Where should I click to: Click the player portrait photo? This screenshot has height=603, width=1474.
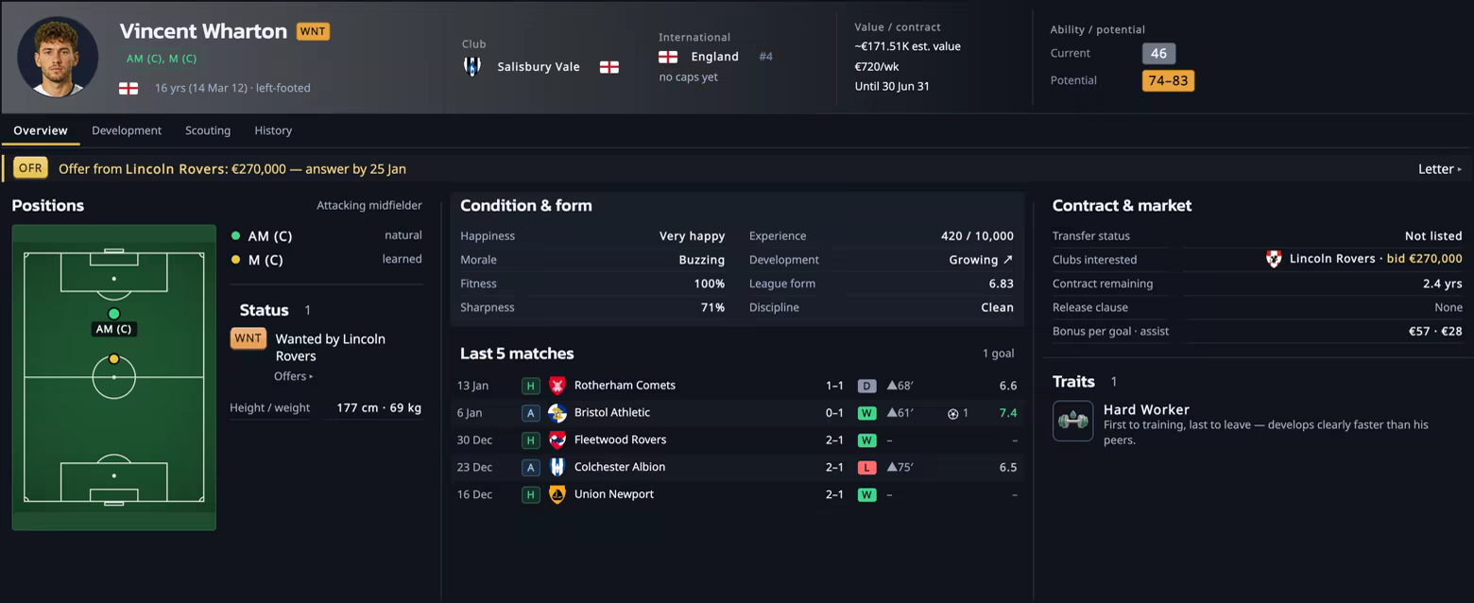[x=58, y=57]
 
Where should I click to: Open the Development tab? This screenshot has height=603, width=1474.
[x=127, y=130]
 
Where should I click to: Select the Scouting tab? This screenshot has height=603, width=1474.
[x=208, y=130]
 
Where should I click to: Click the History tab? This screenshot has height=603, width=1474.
[x=273, y=130]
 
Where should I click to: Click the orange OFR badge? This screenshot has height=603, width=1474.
[x=30, y=168]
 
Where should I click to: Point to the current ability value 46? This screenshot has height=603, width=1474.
[x=1158, y=53]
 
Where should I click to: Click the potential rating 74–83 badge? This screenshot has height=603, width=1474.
[x=1168, y=80]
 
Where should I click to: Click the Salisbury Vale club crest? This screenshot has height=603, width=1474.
[x=472, y=66]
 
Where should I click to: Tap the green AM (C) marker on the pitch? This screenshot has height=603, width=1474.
[x=113, y=314]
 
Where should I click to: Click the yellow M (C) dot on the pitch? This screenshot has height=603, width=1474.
[x=113, y=359]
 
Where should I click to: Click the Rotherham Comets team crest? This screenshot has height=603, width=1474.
[x=557, y=385]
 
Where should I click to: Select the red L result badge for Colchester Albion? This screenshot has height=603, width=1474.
[x=866, y=468]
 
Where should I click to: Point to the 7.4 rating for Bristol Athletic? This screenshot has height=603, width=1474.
[x=1008, y=413]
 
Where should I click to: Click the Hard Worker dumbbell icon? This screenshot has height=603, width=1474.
[x=1072, y=421]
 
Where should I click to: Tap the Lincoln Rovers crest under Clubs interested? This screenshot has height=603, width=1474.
[x=1274, y=259]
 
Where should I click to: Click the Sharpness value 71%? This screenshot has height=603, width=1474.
[x=712, y=307]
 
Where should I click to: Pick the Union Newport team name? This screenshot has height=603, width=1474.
[x=614, y=494]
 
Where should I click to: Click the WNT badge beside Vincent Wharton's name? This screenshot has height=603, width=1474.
[x=314, y=31]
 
